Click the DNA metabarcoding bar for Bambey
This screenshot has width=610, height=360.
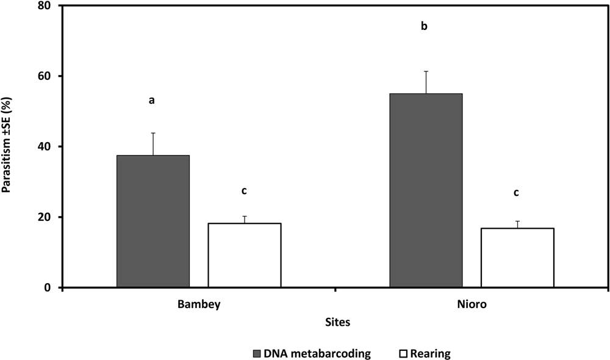pyautogui.click(x=152, y=221)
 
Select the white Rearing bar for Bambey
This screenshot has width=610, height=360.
pyautogui.click(x=244, y=255)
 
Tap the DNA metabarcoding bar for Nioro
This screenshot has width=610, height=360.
pyautogui.click(x=426, y=190)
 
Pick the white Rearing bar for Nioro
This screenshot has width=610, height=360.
pyautogui.click(x=517, y=257)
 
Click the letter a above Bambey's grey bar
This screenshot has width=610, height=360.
pyautogui.click(x=152, y=100)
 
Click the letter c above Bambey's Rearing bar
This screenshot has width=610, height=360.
pyautogui.click(x=244, y=191)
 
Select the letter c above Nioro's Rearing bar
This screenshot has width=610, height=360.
pyautogui.click(x=517, y=193)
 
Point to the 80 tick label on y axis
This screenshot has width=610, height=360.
pyautogui.click(x=46, y=5)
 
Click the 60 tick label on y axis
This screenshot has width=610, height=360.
pyautogui.click(x=46, y=76)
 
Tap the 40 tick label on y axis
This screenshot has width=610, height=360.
pyautogui.click(x=46, y=146)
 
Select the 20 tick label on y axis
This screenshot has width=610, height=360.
pyautogui.click(x=46, y=217)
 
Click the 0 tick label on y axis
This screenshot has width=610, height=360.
pyautogui.click(x=49, y=287)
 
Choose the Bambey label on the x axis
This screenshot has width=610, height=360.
pyautogui.click(x=198, y=304)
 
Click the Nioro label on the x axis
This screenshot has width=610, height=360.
pyautogui.click(x=472, y=304)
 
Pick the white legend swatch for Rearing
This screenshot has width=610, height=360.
pyautogui.click(x=403, y=353)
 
